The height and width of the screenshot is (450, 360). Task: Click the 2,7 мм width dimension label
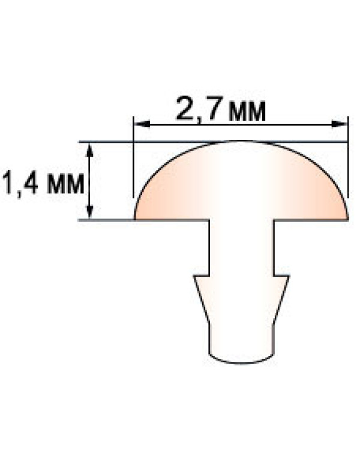pyautogui.click(x=221, y=110)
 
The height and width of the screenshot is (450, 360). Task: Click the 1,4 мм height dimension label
pyautogui.click(x=43, y=184)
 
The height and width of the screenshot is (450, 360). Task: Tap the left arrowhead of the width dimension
pyautogui.click(x=142, y=124)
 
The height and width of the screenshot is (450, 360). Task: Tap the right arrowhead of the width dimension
pyautogui.click(x=340, y=124)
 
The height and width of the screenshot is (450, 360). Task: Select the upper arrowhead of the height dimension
pyautogui.click(x=90, y=150)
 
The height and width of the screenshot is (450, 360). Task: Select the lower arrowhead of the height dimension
pyautogui.click(x=90, y=212)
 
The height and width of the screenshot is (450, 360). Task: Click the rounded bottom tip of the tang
pyautogui.click(x=241, y=364)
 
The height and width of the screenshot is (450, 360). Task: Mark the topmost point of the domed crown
pyautogui.click(x=241, y=141)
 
